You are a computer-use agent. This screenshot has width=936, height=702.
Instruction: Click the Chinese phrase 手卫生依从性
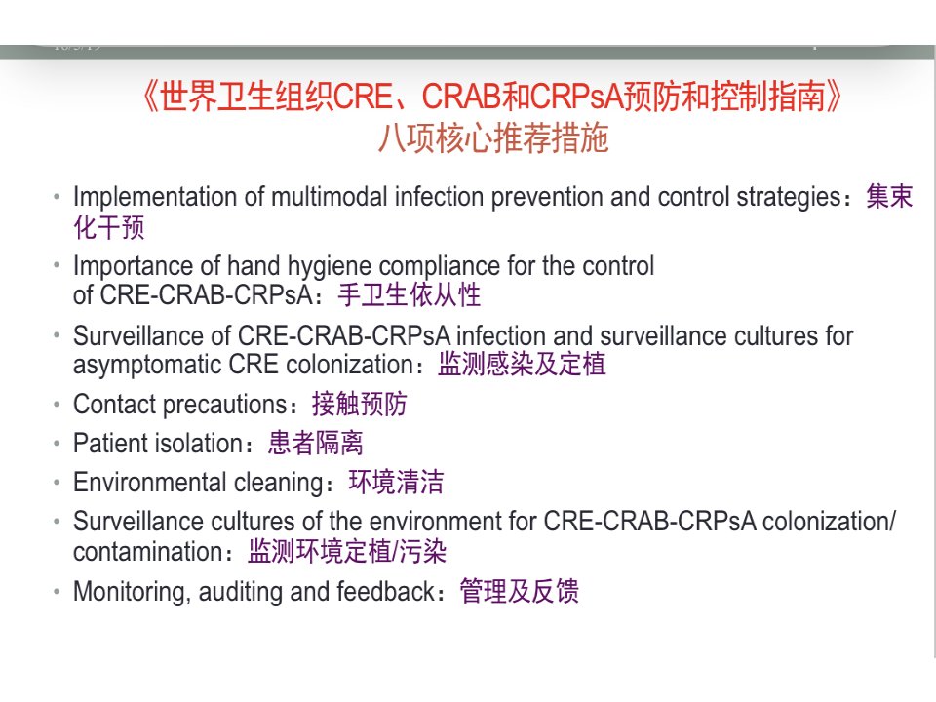click(x=409, y=294)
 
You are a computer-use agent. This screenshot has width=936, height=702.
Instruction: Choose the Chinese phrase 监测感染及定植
click(x=522, y=364)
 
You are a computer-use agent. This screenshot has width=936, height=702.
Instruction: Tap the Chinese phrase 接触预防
click(x=359, y=404)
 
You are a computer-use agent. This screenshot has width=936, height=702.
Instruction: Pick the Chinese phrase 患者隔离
click(x=315, y=444)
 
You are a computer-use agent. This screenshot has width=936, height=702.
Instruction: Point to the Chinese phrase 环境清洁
click(x=396, y=483)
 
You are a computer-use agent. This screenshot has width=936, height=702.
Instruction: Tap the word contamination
click(x=148, y=552)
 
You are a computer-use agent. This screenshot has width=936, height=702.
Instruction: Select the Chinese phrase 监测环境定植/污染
click(x=347, y=552)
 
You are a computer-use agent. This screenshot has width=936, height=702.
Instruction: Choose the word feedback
click(x=387, y=592)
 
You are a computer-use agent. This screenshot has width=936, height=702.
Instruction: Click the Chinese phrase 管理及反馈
click(x=519, y=591)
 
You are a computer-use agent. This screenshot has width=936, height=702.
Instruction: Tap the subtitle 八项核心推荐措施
click(x=493, y=139)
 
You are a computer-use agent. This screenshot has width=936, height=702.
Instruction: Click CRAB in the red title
click(x=461, y=97)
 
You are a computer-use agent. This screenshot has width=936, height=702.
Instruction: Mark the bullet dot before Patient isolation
click(x=57, y=444)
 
